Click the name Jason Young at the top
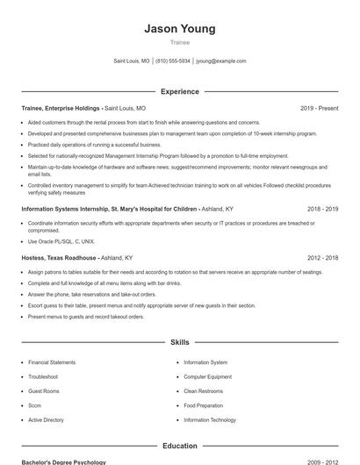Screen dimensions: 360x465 pyautogui.click(x=179, y=29)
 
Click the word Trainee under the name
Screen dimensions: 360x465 pyautogui.click(x=179, y=42)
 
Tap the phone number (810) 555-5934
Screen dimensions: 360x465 pyautogui.click(x=174, y=61)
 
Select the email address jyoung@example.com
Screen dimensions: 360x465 pyautogui.click(x=220, y=61)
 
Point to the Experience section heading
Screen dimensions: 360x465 pyautogui.click(x=179, y=91)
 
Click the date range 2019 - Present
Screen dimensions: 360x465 pyautogui.click(x=319, y=108)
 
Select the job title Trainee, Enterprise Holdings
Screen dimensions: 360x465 pyautogui.click(x=61, y=108)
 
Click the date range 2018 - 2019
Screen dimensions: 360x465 pyautogui.click(x=322, y=210)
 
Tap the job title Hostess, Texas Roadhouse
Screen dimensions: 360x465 pyautogui.click(x=59, y=259)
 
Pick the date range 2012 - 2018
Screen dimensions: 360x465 pyautogui.click(x=322, y=259)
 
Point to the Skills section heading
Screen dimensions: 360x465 pyautogui.click(x=179, y=342)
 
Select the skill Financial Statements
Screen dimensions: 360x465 pyautogui.click(x=52, y=362)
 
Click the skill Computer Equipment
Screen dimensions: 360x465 pyautogui.click(x=207, y=376)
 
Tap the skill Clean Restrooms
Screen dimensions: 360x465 pyautogui.click(x=204, y=391)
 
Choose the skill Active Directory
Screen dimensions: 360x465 pyautogui.click(x=46, y=420)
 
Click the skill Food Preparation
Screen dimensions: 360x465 pyautogui.click(x=204, y=405)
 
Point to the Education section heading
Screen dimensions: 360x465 pyautogui.click(x=179, y=446)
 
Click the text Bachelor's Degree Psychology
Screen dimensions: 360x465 pyautogui.click(x=63, y=461)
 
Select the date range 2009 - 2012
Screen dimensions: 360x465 pyautogui.click(x=322, y=461)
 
